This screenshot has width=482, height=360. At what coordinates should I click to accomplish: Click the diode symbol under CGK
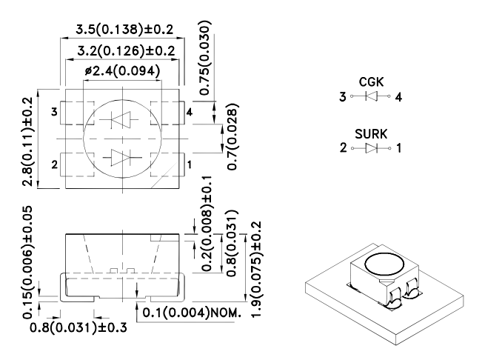pyautogui.click(x=372, y=97)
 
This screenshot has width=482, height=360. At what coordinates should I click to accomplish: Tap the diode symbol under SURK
pyautogui.click(x=372, y=148)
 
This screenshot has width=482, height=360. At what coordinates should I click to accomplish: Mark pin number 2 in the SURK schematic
pyautogui.click(x=343, y=148)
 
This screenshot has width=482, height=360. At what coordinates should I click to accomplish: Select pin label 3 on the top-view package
pyautogui.click(x=54, y=112)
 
